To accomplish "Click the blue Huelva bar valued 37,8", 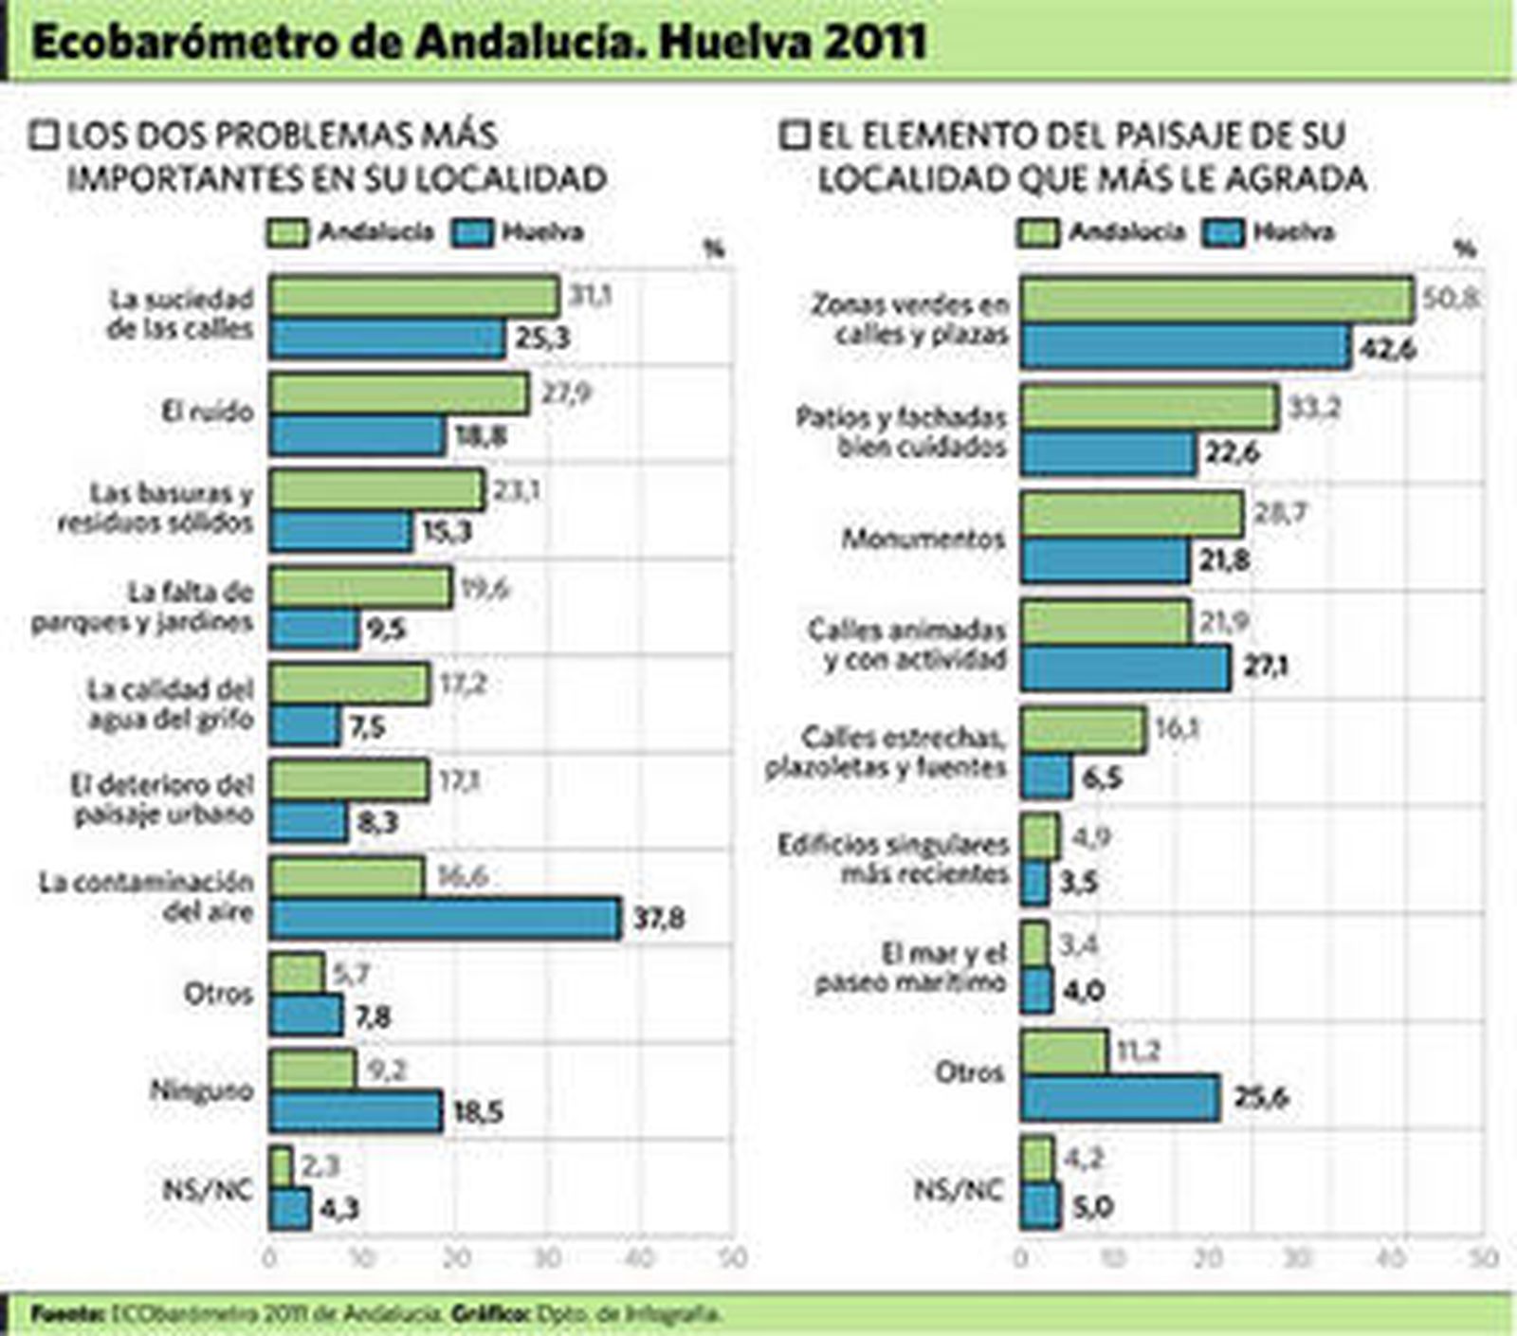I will pyautogui.click(x=445, y=919).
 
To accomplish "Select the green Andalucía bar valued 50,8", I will pyautogui.click(x=1216, y=301).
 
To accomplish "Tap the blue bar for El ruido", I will pyautogui.click(x=356, y=436).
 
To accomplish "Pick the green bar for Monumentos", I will pyautogui.click(x=1132, y=515).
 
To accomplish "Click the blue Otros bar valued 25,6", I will pyautogui.click(x=1120, y=1098).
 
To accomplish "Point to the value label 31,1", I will pyautogui.click(x=590, y=296).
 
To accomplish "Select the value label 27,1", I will pyautogui.click(x=1266, y=667).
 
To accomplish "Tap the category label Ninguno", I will pyautogui.click(x=202, y=1090).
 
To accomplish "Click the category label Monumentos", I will pyautogui.click(x=923, y=539).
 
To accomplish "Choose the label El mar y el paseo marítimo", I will pyautogui.click(x=911, y=967).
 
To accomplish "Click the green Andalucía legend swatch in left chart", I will pyautogui.click(x=287, y=233).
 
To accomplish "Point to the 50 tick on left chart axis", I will pyautogui.click(x=733, y=1258).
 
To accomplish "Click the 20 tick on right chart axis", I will pyautogui.click(x=1207, y=1258).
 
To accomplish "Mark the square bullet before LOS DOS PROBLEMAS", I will pyautogui.click(x=45, y=135).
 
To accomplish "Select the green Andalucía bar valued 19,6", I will pyautogui.click(x=359, y=588).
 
